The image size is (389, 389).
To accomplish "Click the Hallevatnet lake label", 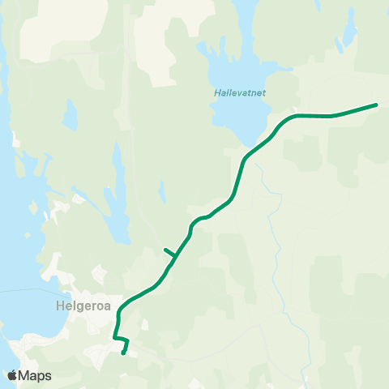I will pyautogui.click(x=240, y=93).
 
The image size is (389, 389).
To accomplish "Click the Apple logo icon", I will pyautogui.click(x=12, y=375).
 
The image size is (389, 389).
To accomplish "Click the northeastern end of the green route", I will pyautogui.click(x=376, y=105).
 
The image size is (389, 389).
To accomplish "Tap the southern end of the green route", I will pyautogui.click(x=123, y=353).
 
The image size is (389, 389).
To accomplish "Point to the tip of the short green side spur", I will pyautogui.click(x=165, y=250).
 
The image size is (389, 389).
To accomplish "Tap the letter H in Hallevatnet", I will pyautogui.click(x=216, y=93).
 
